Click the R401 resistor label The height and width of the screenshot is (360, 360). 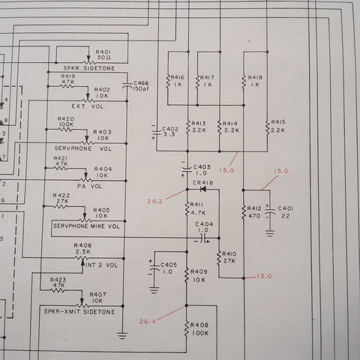pyautogui.click(x=103, y=52)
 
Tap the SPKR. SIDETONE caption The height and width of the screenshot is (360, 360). pyautogui.click(x=89, y=68)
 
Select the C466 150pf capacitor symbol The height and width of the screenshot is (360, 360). pyautogui.click(x=127, y=85)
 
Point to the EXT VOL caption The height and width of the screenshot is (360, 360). pyautogui.click(x=88, y=106)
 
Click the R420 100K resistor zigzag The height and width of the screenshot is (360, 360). pyautogui.click(x=65, y=130)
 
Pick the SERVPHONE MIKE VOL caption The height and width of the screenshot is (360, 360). pyautogui.click(x=86, y=226)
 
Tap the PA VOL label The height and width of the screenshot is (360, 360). pyautogui.click(x=90, y=186)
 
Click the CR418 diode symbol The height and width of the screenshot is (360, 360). pyautogui.click(x=203, y=189)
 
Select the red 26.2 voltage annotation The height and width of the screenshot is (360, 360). pyautogui.click(x=154, y=201)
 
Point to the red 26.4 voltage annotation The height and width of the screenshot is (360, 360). pyautogui.click(x=148, y=322)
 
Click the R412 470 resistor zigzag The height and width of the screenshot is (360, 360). pyautogui.click(x=244, y=212)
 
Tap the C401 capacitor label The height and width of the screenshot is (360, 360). pyautogui.click(x=286, y=208)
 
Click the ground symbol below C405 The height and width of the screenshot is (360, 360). pyautogui.click(x=154, y=290)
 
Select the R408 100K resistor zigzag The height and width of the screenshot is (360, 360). pyautogui.click(x=186, y=328)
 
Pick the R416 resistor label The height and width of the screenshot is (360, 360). pyautogui.click(x=177, y=77)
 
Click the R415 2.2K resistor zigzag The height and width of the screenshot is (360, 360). pyautogui.click(x=268, y=127)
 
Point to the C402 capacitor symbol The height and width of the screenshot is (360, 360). pyautogui.click(x=157, y=132)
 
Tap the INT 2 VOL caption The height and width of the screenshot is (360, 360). pyautogui.click(x=101, y=265)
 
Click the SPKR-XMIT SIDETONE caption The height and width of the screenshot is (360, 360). pyautogui.click(x=79, y=312)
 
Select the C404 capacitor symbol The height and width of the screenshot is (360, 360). pyautogui.click(x=204, y=238)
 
